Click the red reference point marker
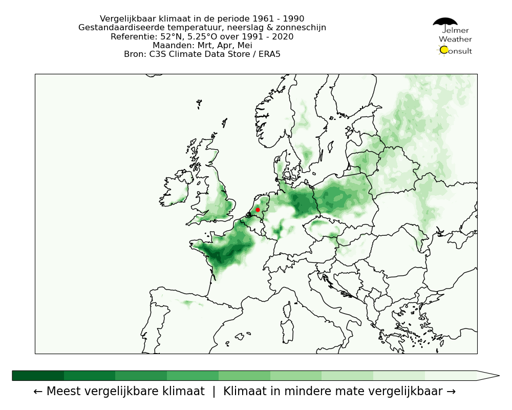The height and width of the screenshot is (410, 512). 258,210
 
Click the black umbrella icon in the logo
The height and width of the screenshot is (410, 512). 445,22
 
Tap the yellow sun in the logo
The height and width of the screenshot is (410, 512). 444,50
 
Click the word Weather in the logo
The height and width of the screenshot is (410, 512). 455,39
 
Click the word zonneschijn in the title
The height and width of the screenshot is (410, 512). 301,28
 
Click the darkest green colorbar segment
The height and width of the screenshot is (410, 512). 38,376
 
